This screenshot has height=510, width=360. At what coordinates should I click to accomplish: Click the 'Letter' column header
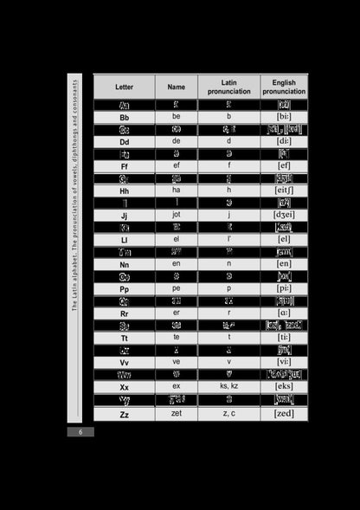pos(124,87)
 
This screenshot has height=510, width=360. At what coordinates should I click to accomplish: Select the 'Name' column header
pos(176,87)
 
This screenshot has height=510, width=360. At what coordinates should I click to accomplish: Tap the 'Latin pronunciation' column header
pos(228,87)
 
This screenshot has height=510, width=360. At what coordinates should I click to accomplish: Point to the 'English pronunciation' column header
pos(283,87)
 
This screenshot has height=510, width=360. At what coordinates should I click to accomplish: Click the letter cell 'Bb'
pos(124,117)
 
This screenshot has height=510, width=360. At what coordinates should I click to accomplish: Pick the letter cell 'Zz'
pos(124,414)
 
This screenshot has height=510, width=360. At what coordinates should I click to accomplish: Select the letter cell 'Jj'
pos(124,215)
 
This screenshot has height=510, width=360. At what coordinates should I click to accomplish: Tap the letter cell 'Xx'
pos(124,387)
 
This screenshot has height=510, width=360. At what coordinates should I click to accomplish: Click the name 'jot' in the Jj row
pos(176,215)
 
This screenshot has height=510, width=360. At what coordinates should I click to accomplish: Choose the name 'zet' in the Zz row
pos(176,414)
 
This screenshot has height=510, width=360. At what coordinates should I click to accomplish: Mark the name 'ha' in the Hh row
pos(176,190)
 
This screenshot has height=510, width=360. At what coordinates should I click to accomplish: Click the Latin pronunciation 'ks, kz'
pos(228,387)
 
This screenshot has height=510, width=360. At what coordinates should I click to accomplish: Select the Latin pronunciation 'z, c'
pos(228,414)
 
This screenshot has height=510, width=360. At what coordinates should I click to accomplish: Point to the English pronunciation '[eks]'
pos(283,387)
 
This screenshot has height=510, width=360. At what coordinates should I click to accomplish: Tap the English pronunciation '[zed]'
pos(283,414)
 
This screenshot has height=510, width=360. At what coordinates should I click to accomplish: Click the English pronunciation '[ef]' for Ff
pos(283,165)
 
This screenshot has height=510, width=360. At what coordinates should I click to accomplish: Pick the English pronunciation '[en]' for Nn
pos(283,263)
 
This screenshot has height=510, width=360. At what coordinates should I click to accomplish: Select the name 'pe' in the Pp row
pos(176,288)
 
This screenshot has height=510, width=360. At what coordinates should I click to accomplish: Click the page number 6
pos(80,432)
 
